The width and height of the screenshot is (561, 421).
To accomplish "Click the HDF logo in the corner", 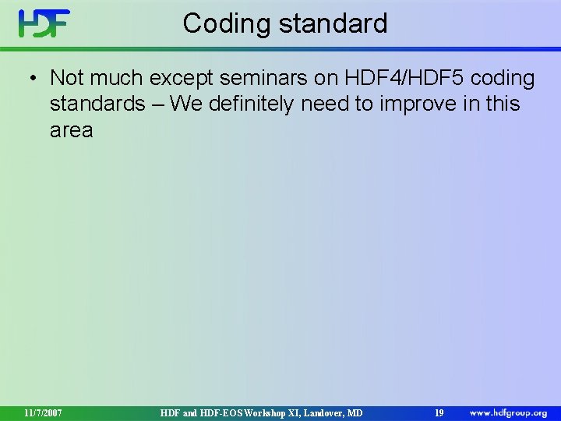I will [44, 23].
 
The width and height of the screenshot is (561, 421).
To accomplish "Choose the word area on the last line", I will [71, 130].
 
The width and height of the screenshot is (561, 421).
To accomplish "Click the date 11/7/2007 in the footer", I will [43, 412].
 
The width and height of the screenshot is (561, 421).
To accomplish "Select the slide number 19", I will [439, 412].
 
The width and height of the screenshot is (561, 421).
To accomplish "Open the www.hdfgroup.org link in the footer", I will [508, 412].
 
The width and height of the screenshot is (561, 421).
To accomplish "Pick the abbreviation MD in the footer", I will [355, 412].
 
